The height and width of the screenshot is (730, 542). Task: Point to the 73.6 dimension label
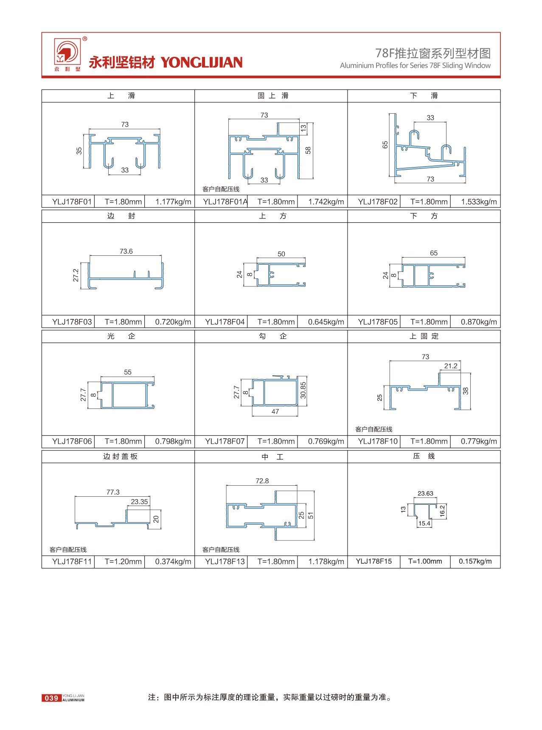[126, 251]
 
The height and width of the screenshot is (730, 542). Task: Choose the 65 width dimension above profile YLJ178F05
[434, 253]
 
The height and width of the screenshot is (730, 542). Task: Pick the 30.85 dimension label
[303, 390]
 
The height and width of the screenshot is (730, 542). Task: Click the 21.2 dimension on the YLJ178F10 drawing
[451, 366]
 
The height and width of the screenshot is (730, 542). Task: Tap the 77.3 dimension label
[113, 492]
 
